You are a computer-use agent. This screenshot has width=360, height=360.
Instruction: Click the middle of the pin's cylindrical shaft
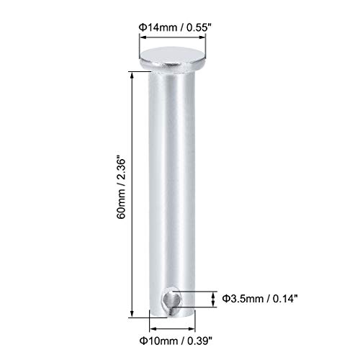click(172, 187)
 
